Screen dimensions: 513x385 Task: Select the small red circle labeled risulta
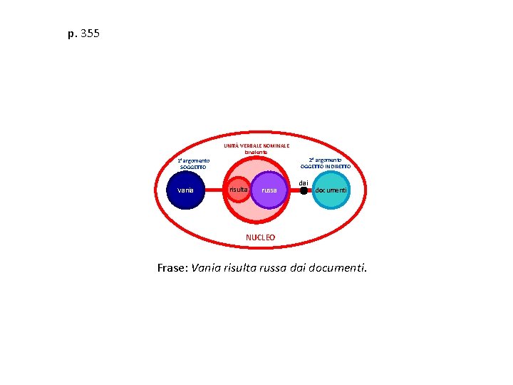(238, 190)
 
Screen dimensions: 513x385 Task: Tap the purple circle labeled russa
(269, 190)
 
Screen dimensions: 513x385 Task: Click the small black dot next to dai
(304, 190)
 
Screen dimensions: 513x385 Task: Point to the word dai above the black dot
(304, 183)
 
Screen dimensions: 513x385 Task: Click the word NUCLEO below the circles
(260, 237)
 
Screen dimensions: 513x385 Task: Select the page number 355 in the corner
(90, 34)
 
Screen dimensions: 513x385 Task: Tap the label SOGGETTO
(193, 167)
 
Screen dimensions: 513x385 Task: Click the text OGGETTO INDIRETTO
(325, 166)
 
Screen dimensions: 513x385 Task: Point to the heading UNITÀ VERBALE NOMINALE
(256, 145)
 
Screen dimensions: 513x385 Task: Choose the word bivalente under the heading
(256, 153)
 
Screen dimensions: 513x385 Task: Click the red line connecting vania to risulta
(215, 190)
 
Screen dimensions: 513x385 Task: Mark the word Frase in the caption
(172, 269)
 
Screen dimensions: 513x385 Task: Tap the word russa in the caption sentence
(271, 269)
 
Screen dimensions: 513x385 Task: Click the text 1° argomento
(193, 160)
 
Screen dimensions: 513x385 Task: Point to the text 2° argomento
(325, 160)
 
